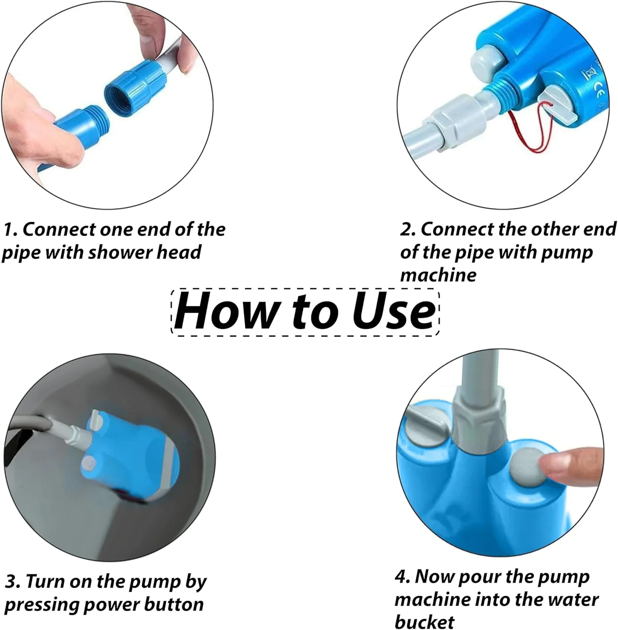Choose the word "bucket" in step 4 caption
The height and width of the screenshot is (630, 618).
(x=424, y=622)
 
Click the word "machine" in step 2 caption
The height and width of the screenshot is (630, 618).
(x=438, y=275)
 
